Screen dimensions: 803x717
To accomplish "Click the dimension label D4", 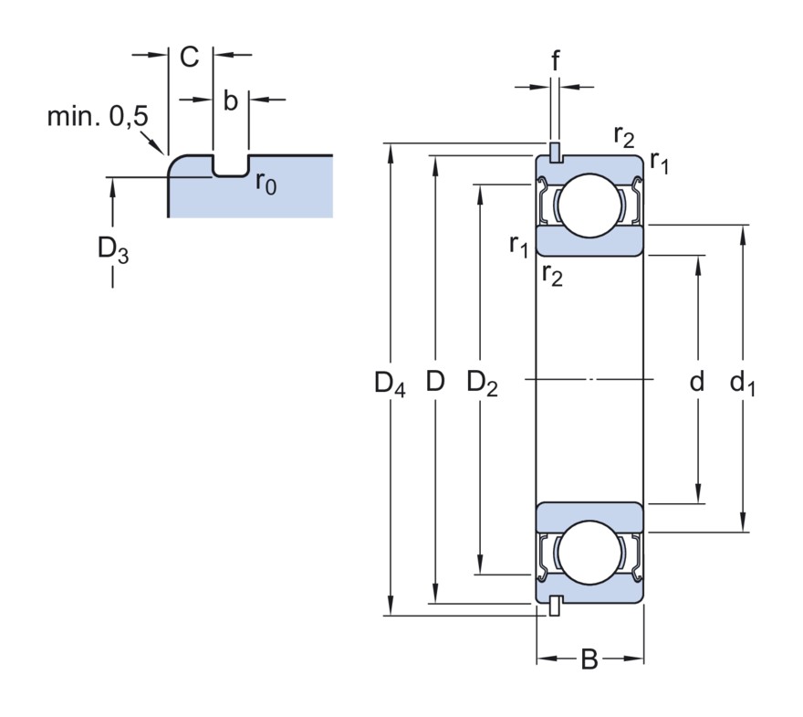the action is pyautogui.click(x=390, y=384).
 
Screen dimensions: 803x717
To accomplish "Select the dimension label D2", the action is pyautogui.click(x=482, y=384).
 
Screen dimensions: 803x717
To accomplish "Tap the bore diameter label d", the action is pyautogui.click(x=697, y=381).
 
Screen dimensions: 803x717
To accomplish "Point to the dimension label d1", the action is pyautogui.click(x=742, y=384).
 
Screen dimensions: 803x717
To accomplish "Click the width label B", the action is pyautogui.click(x=589, y=659).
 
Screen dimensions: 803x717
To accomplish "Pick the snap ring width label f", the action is pyautogui.click(x=555, y=60).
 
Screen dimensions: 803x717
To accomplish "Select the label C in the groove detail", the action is pyautogui.click(x=190, y=57).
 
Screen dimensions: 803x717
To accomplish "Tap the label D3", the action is pyautogui.click(x=113, y=250).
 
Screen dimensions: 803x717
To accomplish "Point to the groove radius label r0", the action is pyautogui.click(x=266, y=183).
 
